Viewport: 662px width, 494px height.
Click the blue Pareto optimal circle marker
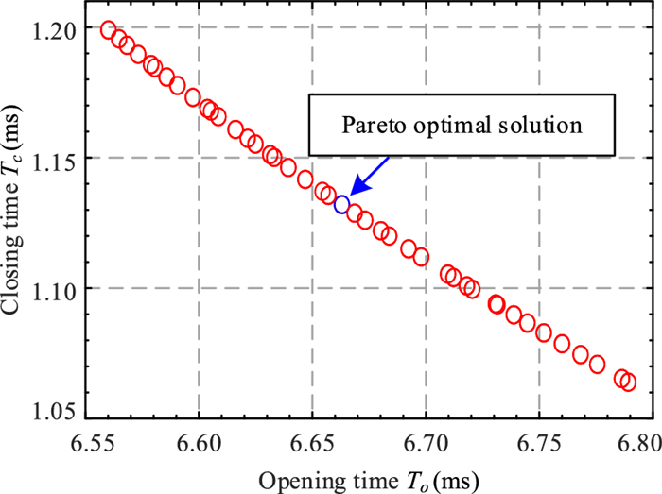342,203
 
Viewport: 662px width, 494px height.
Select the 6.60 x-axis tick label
199,440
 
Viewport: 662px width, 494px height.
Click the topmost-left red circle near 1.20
108,30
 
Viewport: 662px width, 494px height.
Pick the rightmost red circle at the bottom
627,382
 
